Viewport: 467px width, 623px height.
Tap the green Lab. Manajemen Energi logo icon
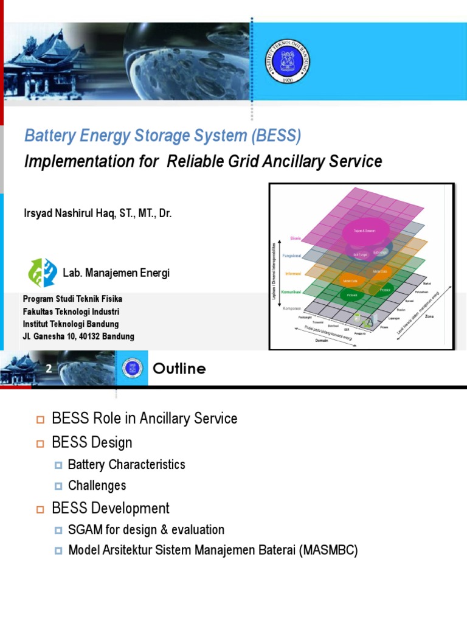click(x=43, y=273)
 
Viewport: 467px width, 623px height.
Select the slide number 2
click(x=49, y=369)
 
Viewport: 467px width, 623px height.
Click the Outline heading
click(x=179, y=369)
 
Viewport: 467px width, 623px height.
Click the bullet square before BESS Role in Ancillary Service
click(x=41, y=419)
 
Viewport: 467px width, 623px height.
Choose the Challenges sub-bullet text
click(x=97, y=486)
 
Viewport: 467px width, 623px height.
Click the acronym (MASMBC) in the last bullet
click(x=329, y=551)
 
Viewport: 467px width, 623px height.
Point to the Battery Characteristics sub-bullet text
click(x=126, y=465)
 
